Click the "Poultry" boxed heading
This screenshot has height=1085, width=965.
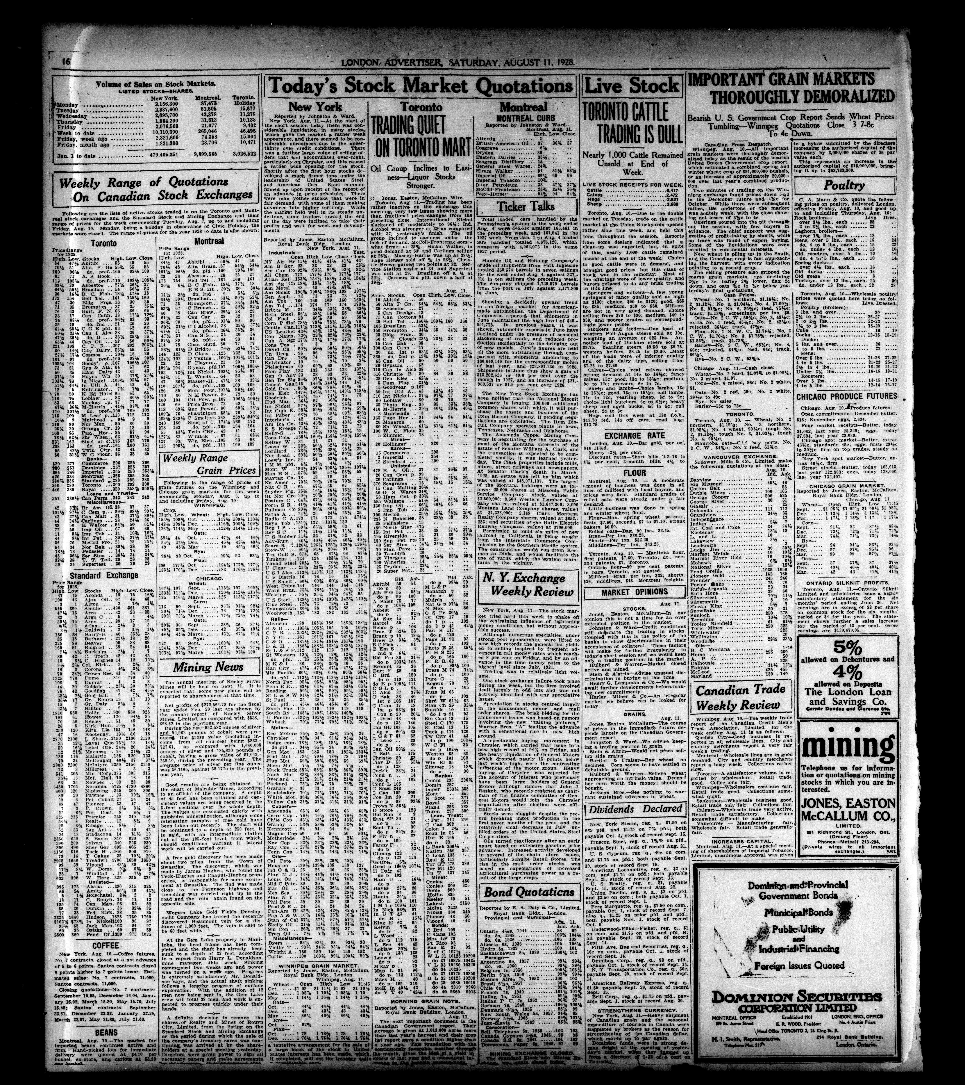point(844,185)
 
